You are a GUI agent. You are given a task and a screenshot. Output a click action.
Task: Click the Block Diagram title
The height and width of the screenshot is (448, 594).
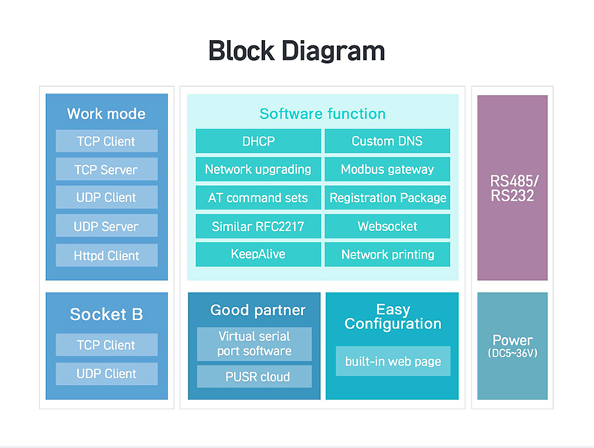[296, 51]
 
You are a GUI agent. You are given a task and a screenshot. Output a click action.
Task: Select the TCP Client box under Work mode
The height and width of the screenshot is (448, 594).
[106, 141]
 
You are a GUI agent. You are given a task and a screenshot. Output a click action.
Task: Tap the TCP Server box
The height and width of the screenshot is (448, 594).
[106, 169]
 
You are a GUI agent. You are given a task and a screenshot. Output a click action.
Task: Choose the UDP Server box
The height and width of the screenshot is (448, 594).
[106, 226]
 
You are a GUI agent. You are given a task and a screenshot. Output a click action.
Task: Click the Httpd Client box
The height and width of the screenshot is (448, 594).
[106, 255]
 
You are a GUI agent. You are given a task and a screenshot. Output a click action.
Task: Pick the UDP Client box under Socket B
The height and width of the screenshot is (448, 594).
[106, 374]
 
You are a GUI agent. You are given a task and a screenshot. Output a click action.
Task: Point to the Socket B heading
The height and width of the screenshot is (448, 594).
[106, 314]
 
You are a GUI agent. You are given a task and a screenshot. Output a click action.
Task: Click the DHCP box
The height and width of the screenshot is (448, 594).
[258, 141]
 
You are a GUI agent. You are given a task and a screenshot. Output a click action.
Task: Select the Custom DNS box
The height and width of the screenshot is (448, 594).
[387, 141]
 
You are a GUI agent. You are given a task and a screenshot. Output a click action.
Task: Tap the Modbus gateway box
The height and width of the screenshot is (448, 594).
[387, 169]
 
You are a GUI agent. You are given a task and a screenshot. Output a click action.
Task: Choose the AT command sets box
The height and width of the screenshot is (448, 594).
[258, 198]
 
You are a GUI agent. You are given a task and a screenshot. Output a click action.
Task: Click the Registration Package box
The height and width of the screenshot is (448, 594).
[387, 198]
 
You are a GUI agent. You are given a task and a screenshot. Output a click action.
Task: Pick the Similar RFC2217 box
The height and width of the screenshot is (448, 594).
[258, 227]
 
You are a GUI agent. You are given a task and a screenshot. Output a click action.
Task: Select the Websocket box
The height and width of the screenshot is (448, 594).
[387, 227]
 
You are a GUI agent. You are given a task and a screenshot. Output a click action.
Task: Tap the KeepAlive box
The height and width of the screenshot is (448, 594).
[258, 254]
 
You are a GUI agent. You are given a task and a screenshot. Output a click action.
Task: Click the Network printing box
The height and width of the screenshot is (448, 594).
[387, 254]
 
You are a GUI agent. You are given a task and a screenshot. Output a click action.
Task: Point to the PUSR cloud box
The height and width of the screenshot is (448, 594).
[254, 377]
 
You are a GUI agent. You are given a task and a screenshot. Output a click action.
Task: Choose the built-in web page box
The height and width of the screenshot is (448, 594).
[393, 361]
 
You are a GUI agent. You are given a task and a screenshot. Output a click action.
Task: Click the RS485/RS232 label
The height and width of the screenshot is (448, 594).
[512, 189]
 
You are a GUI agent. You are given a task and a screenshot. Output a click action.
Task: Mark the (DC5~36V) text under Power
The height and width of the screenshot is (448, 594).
[512, 353]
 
